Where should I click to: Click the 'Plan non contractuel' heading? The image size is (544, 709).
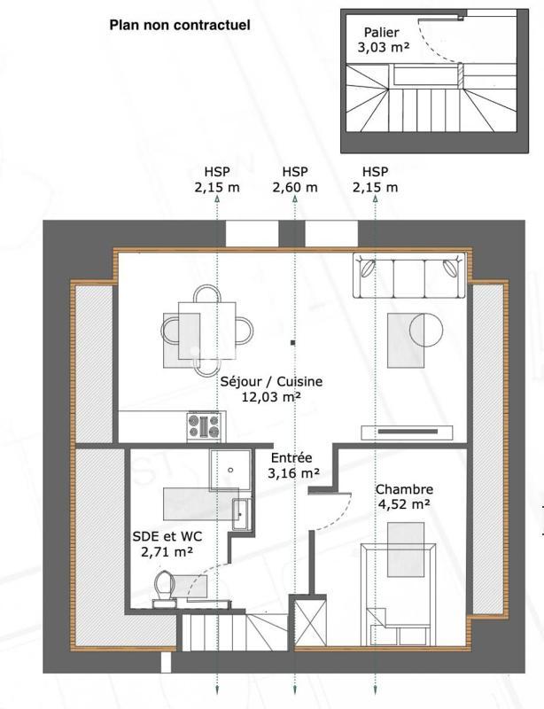point(180,26)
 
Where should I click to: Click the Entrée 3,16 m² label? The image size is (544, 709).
point(291,465)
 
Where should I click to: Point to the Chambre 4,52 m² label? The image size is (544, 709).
point(403,497)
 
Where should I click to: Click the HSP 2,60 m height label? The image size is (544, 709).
point(294,179)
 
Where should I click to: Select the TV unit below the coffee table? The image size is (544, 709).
point(413,432)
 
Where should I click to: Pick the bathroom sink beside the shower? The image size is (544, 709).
point(240,513)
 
